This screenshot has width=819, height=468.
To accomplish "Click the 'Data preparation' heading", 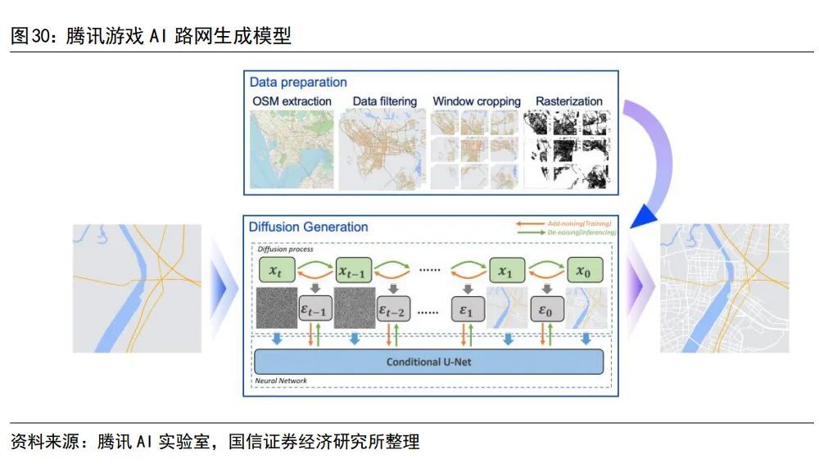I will [x=298, y=83].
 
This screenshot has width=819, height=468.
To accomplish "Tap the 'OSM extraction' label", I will [x=292, y=101].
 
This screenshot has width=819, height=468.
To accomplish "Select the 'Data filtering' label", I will [x=384, y=101].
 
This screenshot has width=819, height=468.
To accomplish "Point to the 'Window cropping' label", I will [x=477, y=101].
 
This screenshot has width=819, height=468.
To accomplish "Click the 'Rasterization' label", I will [x=568, y=101].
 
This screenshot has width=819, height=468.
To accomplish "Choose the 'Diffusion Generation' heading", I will [x=308, y=227].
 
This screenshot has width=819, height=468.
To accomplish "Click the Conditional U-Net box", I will [x=428, y=361].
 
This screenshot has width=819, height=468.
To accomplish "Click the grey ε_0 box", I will [x=545, y=310].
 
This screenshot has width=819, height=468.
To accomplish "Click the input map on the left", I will [x=138, y=288].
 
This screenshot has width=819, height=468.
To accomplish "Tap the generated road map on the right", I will [x=724, y=288].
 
